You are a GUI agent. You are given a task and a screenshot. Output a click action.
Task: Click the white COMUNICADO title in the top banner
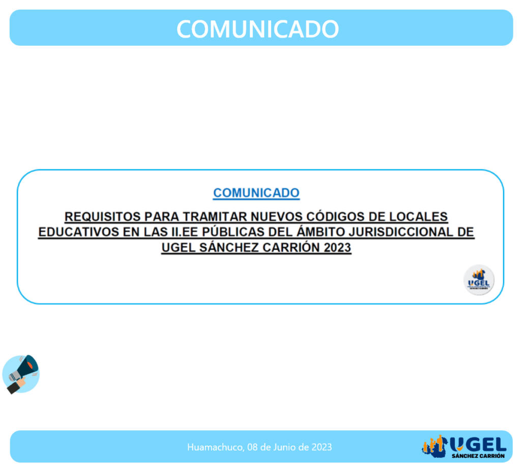[x=257, y=29]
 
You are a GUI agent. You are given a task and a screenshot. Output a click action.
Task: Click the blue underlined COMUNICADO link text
[x=256, y=193]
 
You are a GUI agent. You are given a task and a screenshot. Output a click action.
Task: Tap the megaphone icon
[x=21, y=374]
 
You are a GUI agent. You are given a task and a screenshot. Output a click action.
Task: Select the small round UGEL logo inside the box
[x=479, y=280]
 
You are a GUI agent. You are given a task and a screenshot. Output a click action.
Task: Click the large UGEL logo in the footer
[x=464, y=447]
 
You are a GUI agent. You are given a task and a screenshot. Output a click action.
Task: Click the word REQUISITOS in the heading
[x=103, y=217]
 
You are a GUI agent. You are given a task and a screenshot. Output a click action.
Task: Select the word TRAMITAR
[x=215, y=217]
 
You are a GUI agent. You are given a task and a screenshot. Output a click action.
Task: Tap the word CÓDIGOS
[x=335, y=216]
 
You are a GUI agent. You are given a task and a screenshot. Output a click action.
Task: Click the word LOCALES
[x=418, y=217]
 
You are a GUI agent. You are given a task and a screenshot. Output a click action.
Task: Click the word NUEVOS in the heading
[x=276, y=217]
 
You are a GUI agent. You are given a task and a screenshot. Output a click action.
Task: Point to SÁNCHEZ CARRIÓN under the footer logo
[x=478, y=456]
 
